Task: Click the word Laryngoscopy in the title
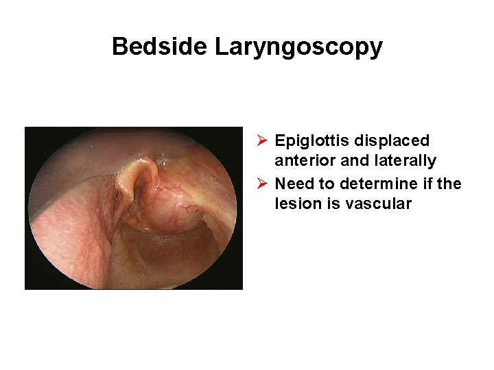298,47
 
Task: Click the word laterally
405,161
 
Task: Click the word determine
378,184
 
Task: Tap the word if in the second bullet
429,184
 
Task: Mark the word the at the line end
450,184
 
